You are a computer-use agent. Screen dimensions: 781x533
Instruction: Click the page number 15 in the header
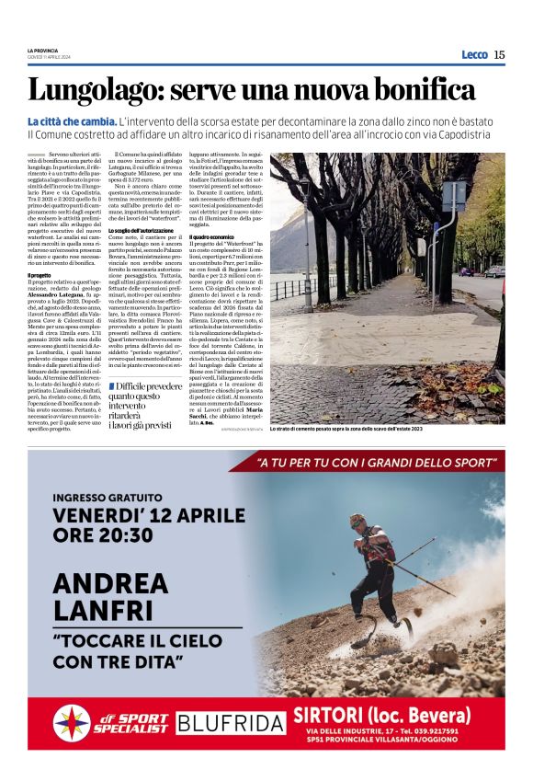(499, 54)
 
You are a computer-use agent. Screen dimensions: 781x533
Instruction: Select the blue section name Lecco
(474, 54)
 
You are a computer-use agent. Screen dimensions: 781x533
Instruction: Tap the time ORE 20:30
(103, 535)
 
